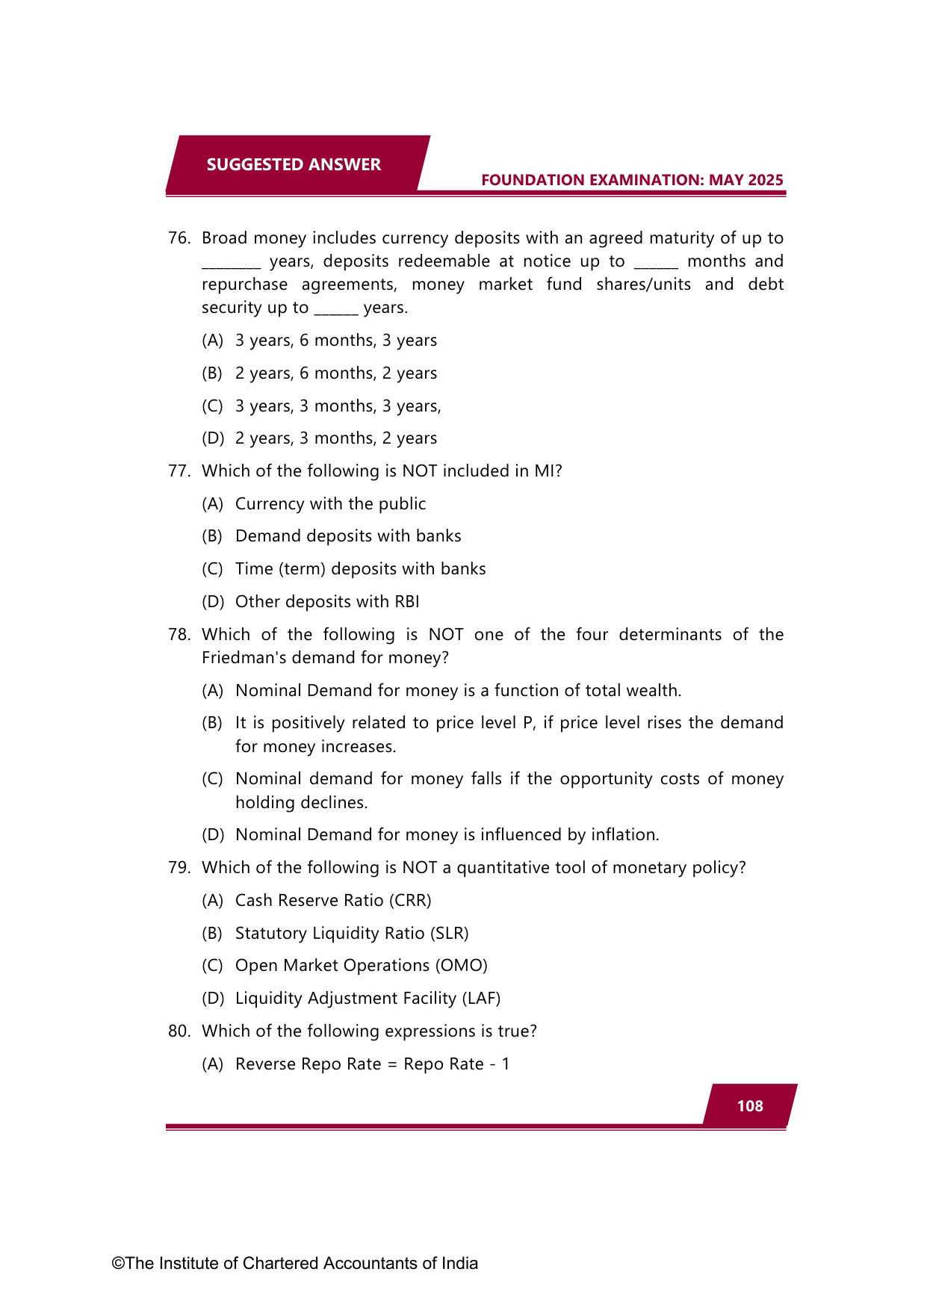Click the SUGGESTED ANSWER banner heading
[x=294, y=164]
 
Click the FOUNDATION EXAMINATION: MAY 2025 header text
[x=632, y=180]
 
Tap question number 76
[x=179, y=238]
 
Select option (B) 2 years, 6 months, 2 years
[x=335, y=373]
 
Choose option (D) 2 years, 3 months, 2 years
[x=335, y=438]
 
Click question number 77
[x=179, y=471]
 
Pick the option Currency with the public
[x=330, y=504]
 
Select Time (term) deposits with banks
[x=360, y=569]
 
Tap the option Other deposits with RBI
[x=327, y=602]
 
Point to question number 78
[x=179, y=635]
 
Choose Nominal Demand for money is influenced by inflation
[x=447, y=835]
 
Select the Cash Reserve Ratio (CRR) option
[x=333, y=901]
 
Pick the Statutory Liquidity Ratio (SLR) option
[x=352, y=934]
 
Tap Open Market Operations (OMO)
[x=361, y=966]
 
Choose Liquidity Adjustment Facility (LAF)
[x=368, y=999]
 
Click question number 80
[x=179, y=1031]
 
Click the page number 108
[x=750, y=1106]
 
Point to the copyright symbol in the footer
[x=118, y=1264]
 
